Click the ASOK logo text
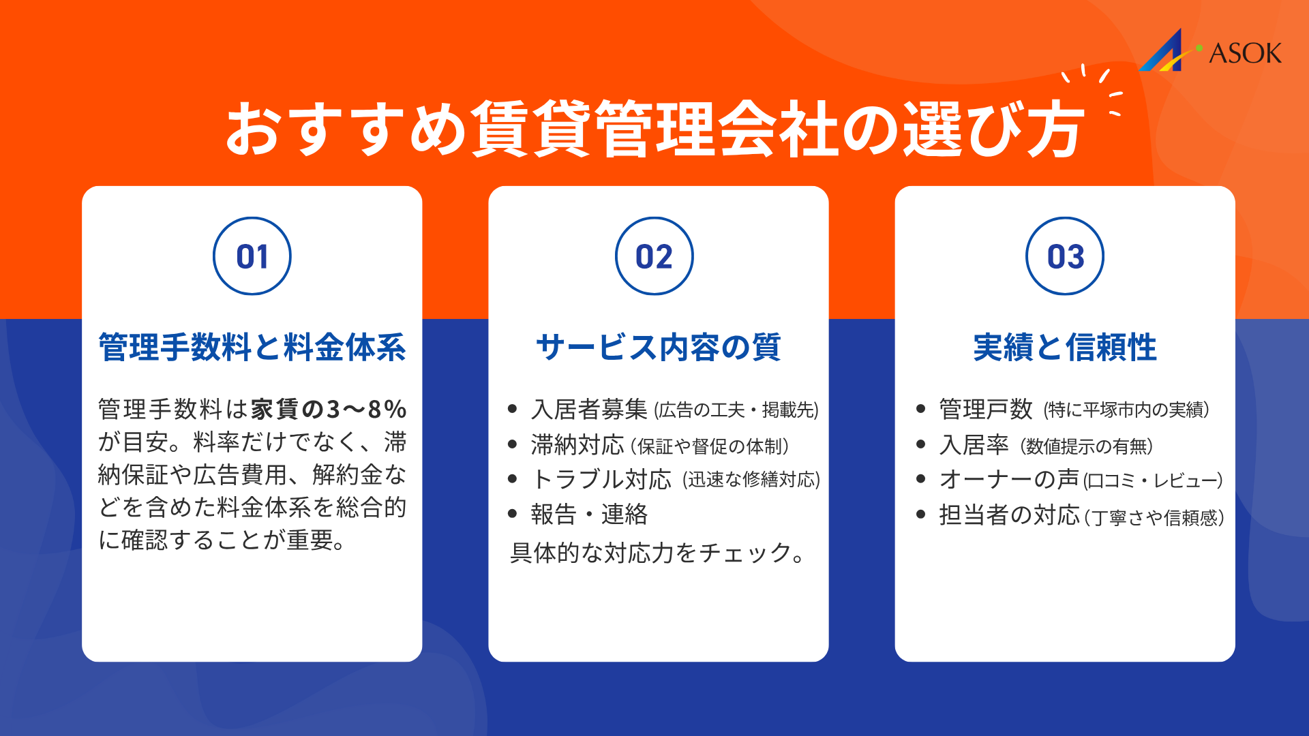point(1245,53)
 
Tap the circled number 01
point(252,256)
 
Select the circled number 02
point(654,256)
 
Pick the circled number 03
point(1065,256)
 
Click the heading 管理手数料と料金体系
point(252,348)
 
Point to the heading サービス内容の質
point(658,348)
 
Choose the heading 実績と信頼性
point(1065,348)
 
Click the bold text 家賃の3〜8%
point(329,410)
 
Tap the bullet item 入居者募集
point(589,410)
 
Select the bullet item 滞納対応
point(577,445)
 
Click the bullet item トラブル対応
point(601,480)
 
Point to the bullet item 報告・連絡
point(589,515)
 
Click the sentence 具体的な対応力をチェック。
point(658,553)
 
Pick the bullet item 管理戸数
point(985,410)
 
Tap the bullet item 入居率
point(974,445)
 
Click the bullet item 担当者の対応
point(1009,515)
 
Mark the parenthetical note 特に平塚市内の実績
point(1126,410)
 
